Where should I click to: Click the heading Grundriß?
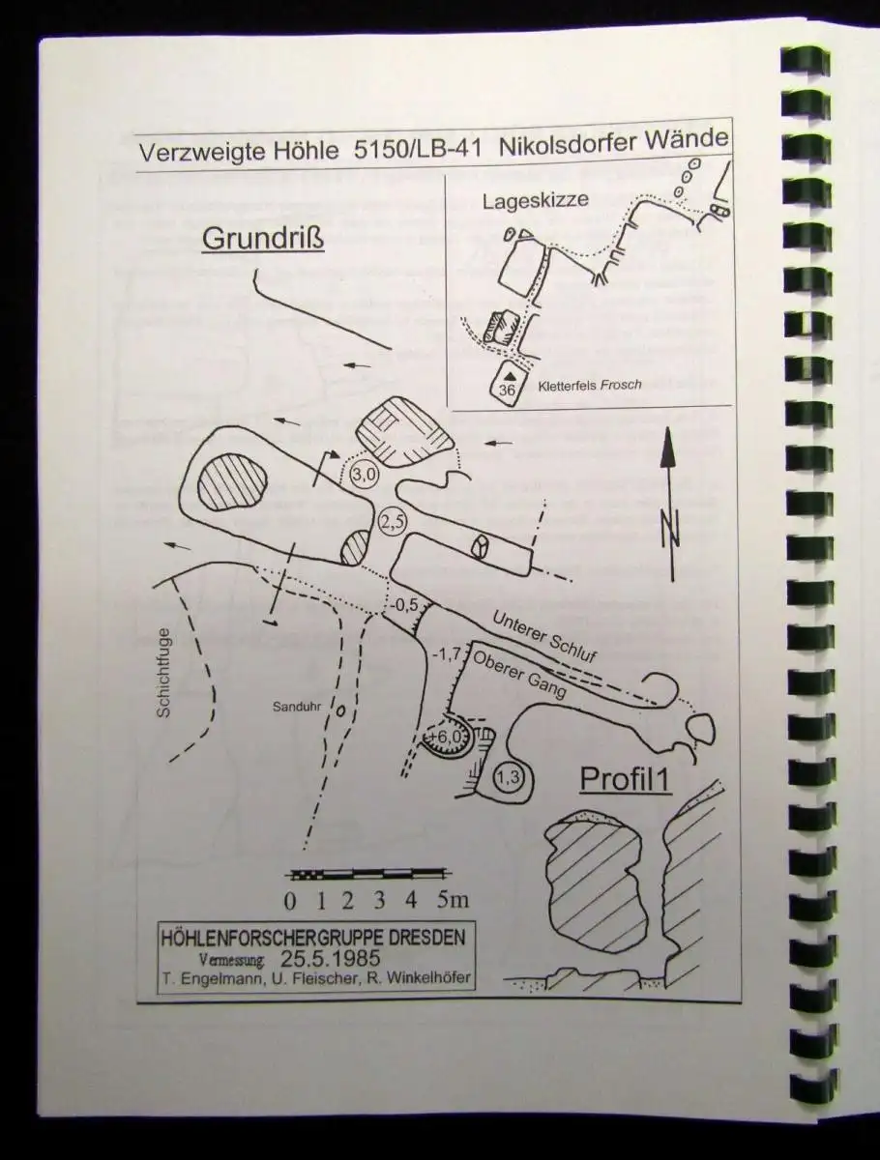263,239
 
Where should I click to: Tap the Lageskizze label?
536,201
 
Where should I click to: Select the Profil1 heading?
626,779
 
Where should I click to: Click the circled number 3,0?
365,475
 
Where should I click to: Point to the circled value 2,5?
393,522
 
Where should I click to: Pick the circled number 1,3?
508,777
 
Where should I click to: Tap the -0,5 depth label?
404,604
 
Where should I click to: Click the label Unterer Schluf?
543,636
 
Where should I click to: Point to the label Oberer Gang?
519,675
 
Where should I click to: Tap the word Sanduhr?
297,707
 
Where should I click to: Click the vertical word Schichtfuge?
163,672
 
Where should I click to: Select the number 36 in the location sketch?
507,390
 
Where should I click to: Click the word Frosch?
622,385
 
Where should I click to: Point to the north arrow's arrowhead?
668,449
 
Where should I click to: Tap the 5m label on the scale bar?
453,899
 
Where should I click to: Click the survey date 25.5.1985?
330,958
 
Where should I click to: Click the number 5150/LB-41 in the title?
418,149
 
